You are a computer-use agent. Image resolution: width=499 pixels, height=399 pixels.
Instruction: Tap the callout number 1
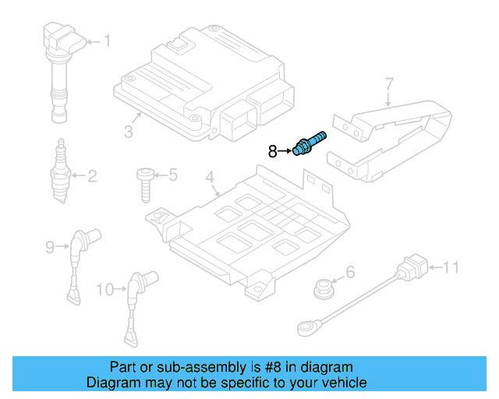click(x=108, y=41)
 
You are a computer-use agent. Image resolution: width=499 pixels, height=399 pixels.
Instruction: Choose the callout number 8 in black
click(x=272, y=151)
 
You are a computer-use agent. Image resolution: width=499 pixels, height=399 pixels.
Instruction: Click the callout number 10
click(x=104, y=290)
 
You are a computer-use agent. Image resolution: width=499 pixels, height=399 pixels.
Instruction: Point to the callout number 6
click(x=350, y=271)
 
